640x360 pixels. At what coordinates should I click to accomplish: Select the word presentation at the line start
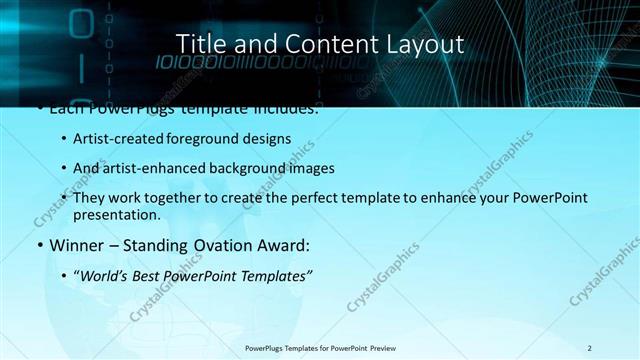[117, 214]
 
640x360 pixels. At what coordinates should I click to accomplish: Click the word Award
[288, 245]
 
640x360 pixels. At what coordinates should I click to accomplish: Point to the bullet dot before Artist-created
[65, 139]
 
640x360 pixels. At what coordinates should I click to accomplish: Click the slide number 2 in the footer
[590, 348]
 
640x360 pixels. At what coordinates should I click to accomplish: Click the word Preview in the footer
[380, 348]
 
